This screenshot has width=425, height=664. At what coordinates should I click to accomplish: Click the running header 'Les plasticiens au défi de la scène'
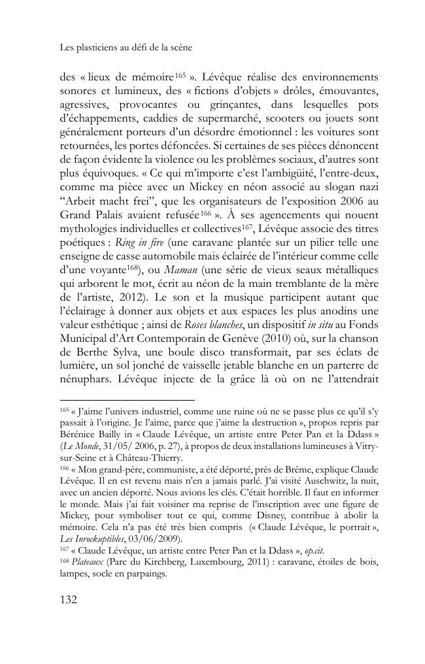point(125,48)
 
